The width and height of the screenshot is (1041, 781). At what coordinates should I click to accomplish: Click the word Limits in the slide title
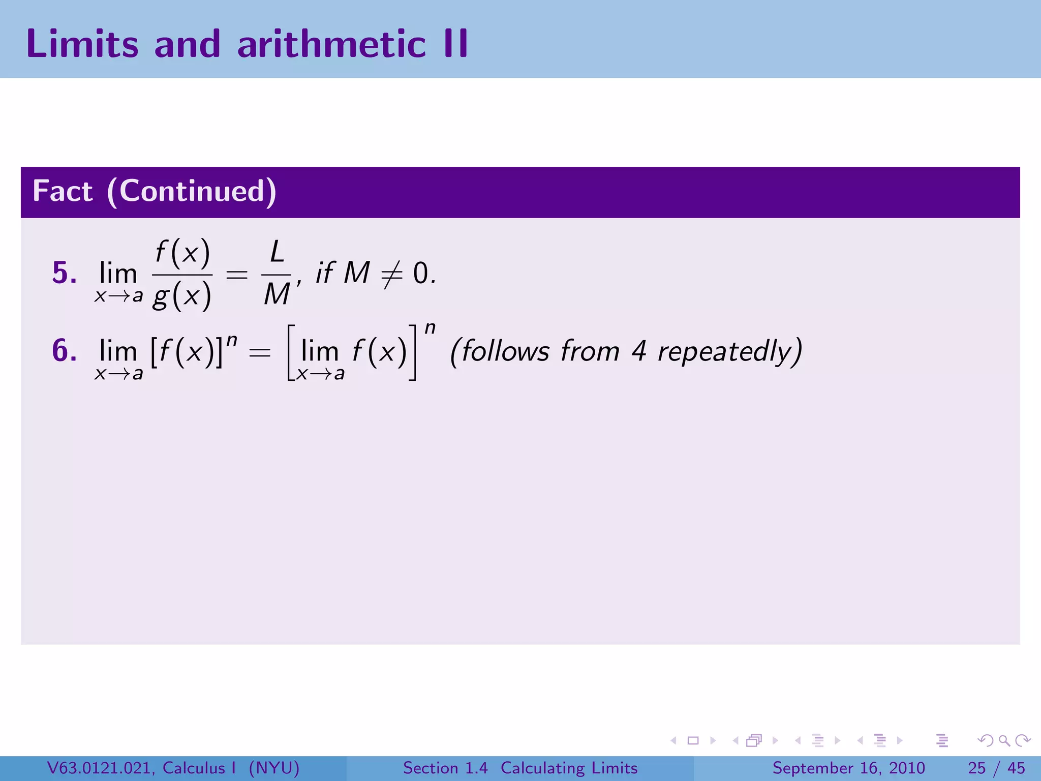tap(82, 44)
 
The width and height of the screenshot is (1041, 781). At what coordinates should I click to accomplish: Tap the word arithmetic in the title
tap(331, 44)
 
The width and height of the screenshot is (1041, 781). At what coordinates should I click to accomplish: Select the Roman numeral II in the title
tap(455, 44)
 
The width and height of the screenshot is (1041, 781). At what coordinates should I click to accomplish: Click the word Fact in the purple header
tap(63, 192)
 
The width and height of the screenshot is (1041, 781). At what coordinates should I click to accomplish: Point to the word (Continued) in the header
tap(192, 192)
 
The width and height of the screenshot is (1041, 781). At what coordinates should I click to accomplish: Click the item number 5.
tap(65, 273)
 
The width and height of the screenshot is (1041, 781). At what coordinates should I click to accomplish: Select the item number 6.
tap(65, 351)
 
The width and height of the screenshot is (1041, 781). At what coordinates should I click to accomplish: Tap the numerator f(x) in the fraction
tap(182, 253)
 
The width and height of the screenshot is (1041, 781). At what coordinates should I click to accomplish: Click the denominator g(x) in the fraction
tap(182, 295)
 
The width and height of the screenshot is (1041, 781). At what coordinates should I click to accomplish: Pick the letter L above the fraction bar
tap(277, 252)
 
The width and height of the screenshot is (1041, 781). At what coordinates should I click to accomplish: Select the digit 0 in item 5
tap(421, 274)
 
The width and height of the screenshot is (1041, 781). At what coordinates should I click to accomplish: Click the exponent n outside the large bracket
tap(430, 328)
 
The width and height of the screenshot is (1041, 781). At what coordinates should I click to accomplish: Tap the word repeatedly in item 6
tap(730, 351)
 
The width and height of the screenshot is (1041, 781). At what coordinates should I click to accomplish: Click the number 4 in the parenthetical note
tap(639, 351)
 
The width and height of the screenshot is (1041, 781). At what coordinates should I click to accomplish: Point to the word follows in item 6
tap(505, 351)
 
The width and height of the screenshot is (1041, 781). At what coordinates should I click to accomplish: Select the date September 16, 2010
tap(848, 768)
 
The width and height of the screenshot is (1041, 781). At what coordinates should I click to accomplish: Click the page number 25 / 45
tap(996, 768)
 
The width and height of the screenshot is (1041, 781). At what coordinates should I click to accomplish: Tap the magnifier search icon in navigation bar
tap(1004, 740)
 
